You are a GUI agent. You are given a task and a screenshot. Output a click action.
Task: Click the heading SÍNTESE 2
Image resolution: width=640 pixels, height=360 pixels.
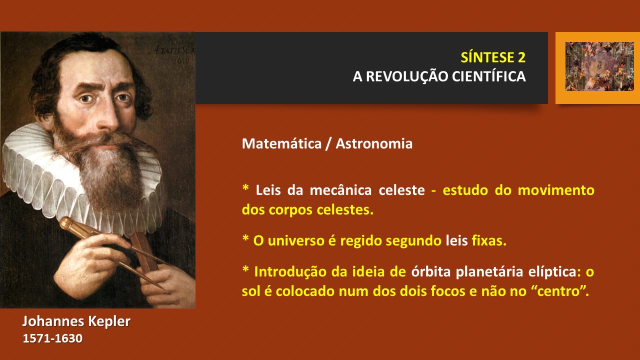pyautogui.click(x=493, y=57)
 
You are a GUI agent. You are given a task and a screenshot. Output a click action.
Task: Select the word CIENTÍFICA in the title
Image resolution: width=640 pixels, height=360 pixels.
pyautogui.click(x=489, y=76)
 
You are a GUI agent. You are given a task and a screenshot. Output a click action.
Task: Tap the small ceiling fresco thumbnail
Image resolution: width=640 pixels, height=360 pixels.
pyautogui.click(x=599, y=66)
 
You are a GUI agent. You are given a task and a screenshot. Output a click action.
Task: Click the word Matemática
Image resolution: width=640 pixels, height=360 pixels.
pyautogui.click(x=281, y=143)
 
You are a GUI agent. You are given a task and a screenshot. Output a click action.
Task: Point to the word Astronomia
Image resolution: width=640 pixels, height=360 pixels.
pyautogui.click(x=374, y=143)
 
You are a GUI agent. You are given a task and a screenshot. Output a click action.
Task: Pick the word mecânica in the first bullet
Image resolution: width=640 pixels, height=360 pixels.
pyautogui.click(x=341, y=190)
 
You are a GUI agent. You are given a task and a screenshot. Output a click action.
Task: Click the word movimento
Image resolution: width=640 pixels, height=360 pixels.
pyautogui.click(x=556, y=190)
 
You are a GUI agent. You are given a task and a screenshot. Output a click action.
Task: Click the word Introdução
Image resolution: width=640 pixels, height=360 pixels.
pyautogui.click(x=290, y=271)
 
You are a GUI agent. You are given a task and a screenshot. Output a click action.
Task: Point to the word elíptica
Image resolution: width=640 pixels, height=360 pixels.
pyautogui.click(x=552, y=271)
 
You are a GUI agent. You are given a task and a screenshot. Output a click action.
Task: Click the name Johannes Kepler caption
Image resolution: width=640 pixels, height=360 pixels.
pyautogui.click(x=76, y=321)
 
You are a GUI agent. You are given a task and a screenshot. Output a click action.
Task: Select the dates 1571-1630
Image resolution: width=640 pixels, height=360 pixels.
pyautogui.click(x=52, y=338)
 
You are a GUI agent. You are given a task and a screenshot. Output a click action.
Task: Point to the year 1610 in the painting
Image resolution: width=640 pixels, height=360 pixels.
pyautogui.click(x=181, y=60)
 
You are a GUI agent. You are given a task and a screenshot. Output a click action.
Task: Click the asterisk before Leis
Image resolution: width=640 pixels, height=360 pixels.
pyautogui.click(x=245, y=187)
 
